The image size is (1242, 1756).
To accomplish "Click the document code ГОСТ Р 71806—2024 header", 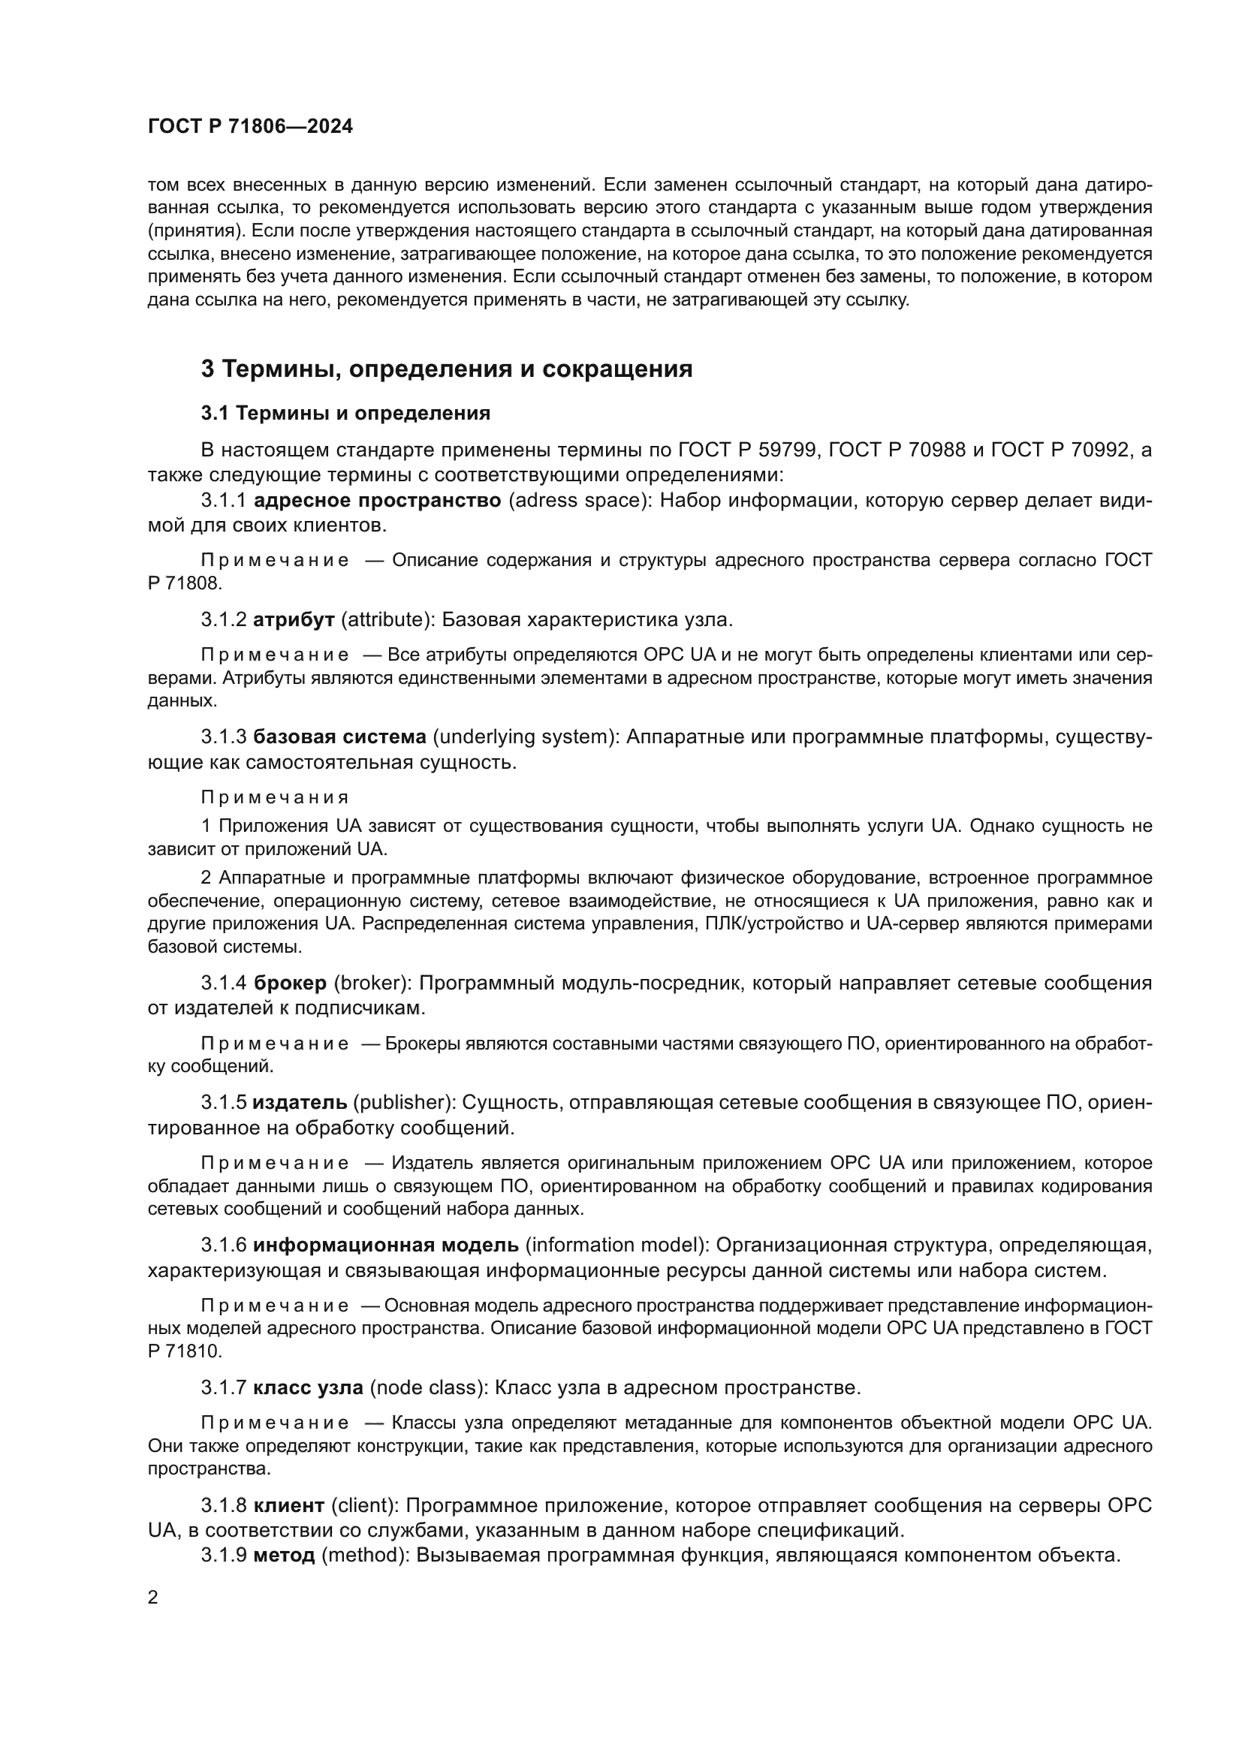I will coord(250,127).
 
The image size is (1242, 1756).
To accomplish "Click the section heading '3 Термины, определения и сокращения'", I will coord(446,369).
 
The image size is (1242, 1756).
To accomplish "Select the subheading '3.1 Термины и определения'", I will coord(345,414).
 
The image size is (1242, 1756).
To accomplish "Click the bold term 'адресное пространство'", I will coord(377,500).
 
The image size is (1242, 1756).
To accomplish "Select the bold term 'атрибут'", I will coord(294,619).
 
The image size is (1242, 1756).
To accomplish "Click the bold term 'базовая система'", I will coord(339,736).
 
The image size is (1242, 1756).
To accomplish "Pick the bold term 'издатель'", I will coord(300,1102).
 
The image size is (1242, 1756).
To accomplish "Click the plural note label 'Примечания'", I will coord(275,798).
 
